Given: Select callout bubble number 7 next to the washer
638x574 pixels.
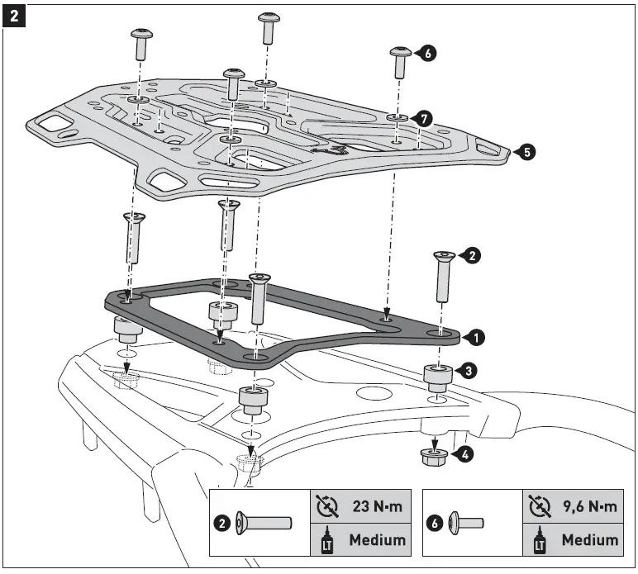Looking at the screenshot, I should click(423, 119).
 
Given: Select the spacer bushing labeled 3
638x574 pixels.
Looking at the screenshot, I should click(437, 377).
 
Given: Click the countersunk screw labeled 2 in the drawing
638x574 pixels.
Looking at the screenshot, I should click(442, 278).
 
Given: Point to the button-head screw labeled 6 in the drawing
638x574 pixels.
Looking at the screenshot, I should click(401, 62).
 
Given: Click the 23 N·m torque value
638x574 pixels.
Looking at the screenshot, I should click(377, 506).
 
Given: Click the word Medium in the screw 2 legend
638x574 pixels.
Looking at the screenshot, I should click(377, 540).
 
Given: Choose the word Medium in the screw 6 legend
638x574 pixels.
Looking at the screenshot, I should click(588, 540).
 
